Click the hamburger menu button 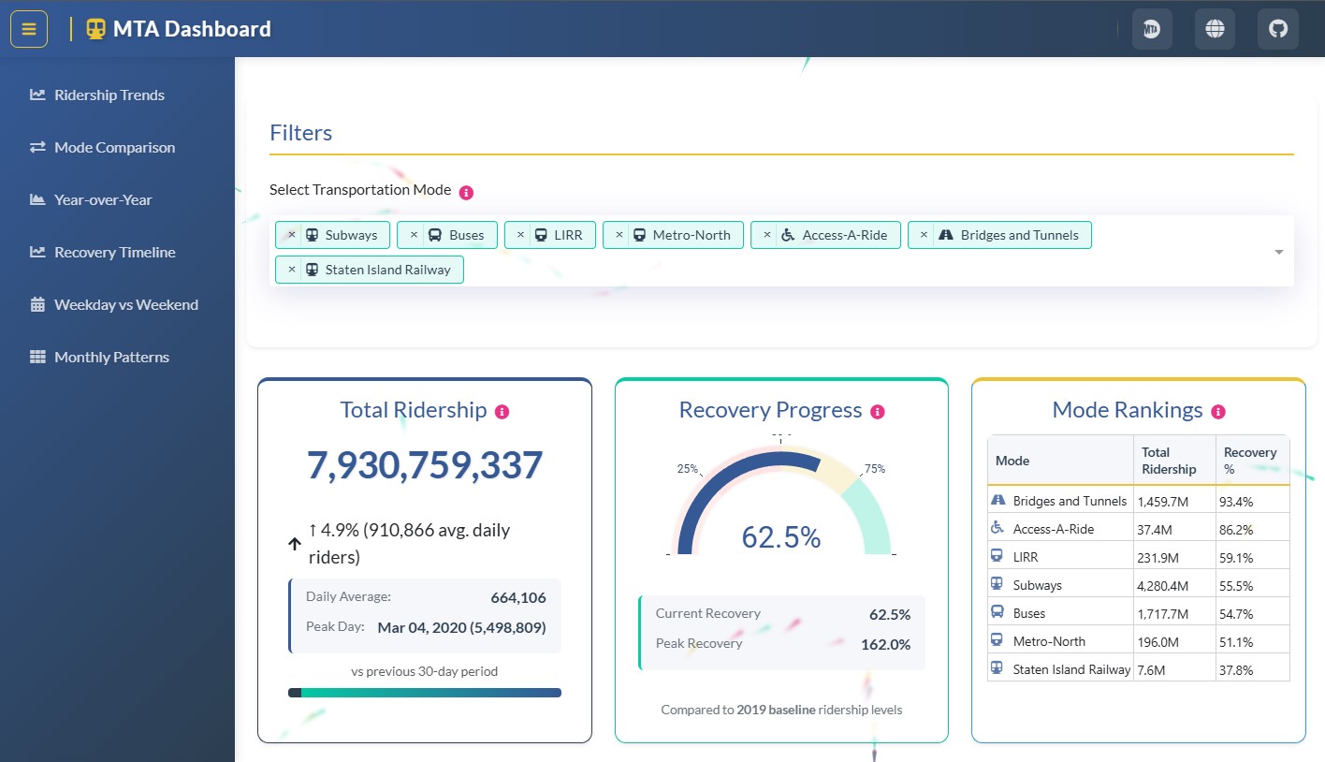pyautogui.click(x=29, y=29)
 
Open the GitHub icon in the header pyautogui.click(x=1277, y=29)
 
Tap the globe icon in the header pyautogui.click(x=1215, y=29)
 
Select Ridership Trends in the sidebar pyautogui.click(x=109, y=95)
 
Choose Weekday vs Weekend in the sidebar pyautogui.click(x=125, y=305)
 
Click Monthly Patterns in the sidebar pyautogui.click(x=111, y=358)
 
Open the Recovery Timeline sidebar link pyautogui.click(x=114, y=253)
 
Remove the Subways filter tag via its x pyautogui.click(x=291, y=235)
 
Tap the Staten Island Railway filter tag pyautogui.click(x=386, y=270)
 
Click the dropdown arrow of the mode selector pyautogui.click(x=1278, y=252)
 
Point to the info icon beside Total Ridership pyautogui.click(x=502, y=412)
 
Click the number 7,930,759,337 pyautogui.click(x=425, y=465)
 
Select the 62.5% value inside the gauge pyautogui.click(x=780, y=537)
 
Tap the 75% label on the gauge pyautogui.click(x=874, y=469)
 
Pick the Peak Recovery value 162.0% pyautogui.click(x=885, y=644)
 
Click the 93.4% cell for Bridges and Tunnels pyautogui.click(x=1236, y=502)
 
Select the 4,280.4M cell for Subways pyautogui.click(x=1162, y=586)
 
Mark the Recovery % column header pyautogui.click(x=1249, y=460)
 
